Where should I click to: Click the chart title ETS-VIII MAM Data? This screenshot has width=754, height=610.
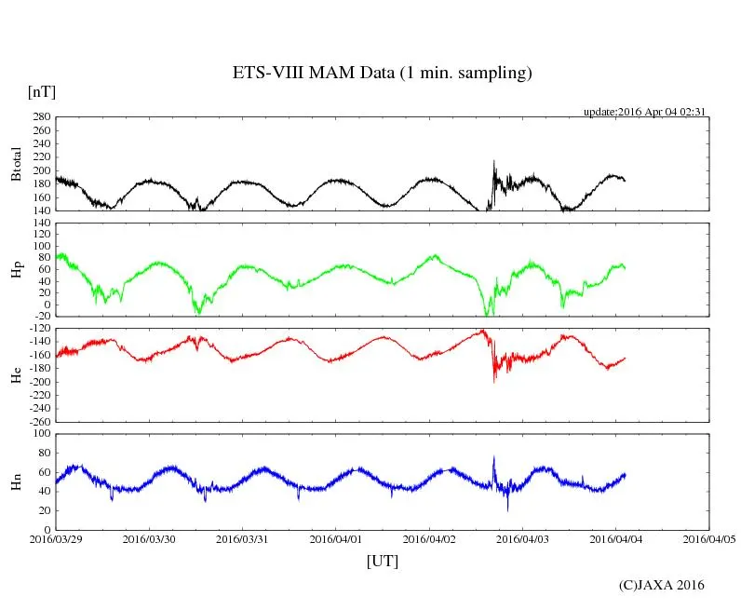pos(382,74)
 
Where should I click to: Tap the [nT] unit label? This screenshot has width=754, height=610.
pos(42,91)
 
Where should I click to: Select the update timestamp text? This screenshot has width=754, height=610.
pos(645,112)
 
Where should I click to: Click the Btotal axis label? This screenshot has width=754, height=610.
pos(16,163)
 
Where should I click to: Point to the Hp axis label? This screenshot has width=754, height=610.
pos(16,270)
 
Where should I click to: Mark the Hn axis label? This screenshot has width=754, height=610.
pos(16,481)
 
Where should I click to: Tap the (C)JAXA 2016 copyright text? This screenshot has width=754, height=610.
pos(662,585)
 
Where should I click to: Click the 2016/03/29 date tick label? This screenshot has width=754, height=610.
pos(56,538)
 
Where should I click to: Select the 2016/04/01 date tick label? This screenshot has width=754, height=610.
pos(336,538)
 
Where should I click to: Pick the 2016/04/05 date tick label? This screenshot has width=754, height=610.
pos(709,538)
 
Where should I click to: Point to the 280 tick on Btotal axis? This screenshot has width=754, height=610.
pos(40,117)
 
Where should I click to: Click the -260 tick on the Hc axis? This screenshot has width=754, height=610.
pos(38,421)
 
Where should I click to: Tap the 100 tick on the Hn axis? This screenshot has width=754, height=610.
pos(40,433)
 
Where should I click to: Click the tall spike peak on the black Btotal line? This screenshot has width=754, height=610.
pos(494,161)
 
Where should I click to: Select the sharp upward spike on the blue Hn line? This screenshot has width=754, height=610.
pos(494,456)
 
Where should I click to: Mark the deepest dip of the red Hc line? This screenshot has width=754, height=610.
pos(494,381)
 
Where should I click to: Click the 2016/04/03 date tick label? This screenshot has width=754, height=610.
pos(522,538)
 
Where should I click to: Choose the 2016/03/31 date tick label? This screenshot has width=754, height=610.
pos(242,538)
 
